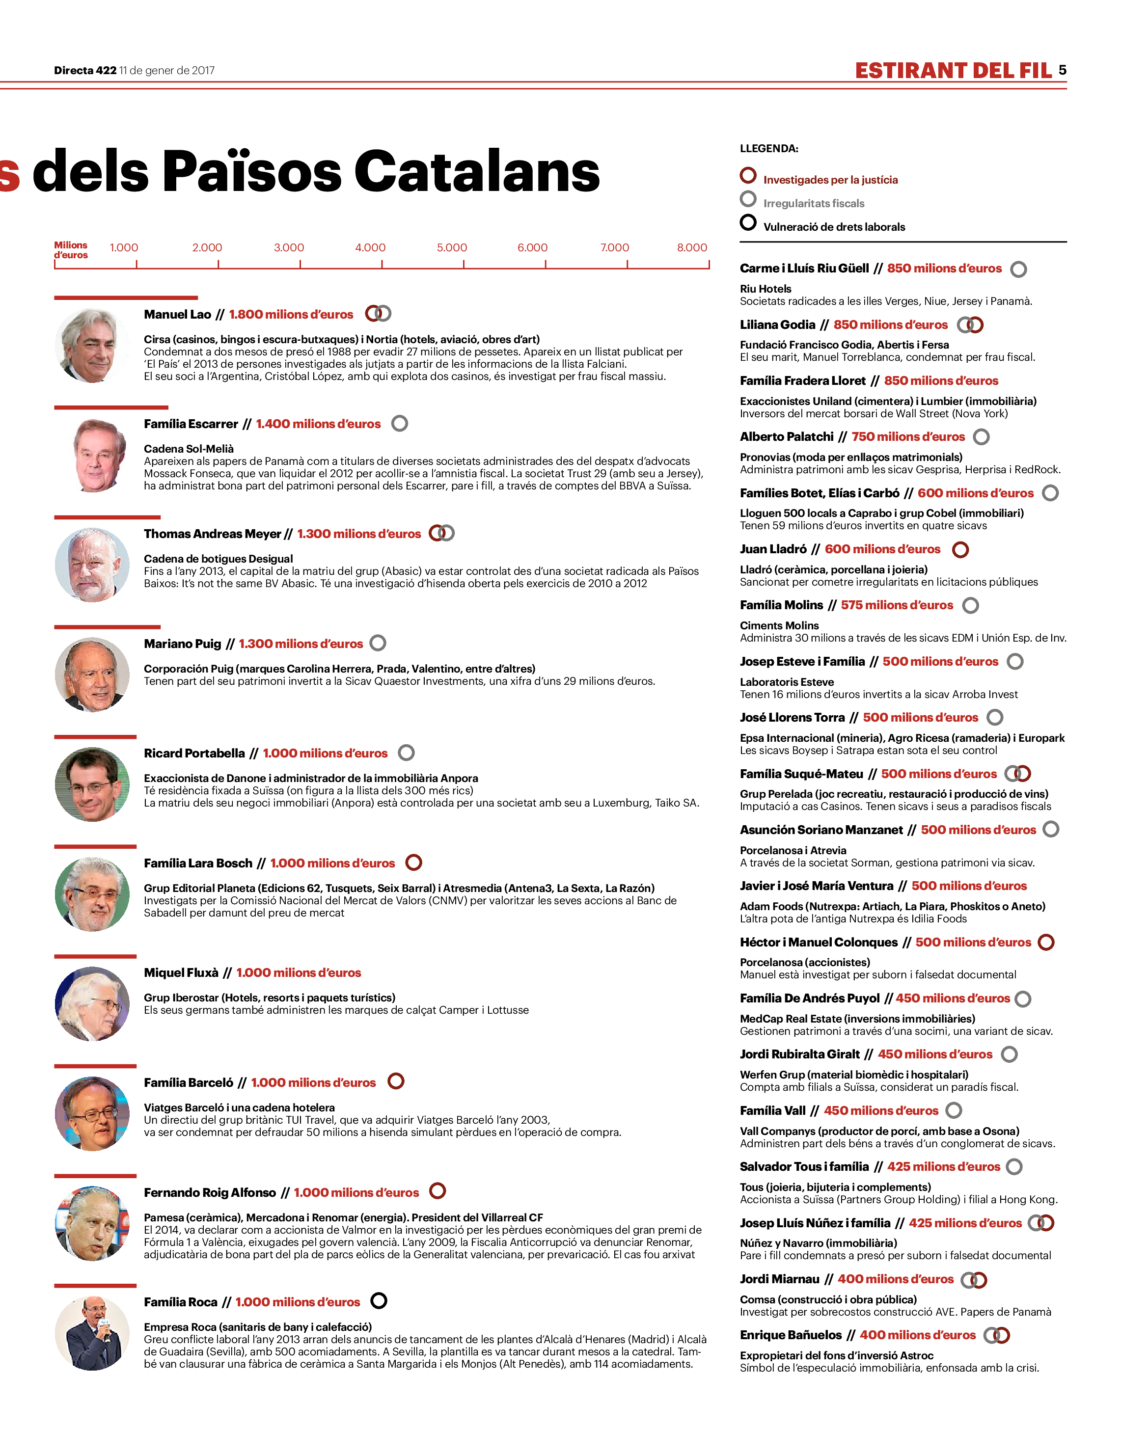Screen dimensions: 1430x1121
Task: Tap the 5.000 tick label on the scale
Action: pos(452,247)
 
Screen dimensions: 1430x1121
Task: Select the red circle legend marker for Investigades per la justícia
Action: pos(747,175)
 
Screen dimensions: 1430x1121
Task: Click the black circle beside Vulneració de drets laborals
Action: pos(747,222)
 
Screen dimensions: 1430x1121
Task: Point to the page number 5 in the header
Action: pos(1062,70)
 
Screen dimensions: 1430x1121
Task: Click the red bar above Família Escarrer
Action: pos(111,407)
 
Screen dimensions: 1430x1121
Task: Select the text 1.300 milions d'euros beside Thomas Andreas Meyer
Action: pos(358,534)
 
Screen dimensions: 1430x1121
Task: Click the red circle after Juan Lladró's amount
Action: pos(960,549)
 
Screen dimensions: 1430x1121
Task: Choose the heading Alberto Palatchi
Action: pos(786,436)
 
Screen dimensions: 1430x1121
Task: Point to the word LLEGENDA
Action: pos(768,148)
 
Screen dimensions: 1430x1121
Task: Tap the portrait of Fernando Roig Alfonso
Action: pos(92,1223)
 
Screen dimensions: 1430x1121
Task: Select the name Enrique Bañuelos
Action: pos(790,1335)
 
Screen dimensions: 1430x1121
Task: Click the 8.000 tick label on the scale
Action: pos(692,247)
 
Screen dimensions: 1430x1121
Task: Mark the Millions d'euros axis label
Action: pos(71,250)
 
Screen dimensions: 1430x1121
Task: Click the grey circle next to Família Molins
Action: pos(970,605)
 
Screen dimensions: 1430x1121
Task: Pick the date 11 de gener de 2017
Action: pos(167,70)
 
